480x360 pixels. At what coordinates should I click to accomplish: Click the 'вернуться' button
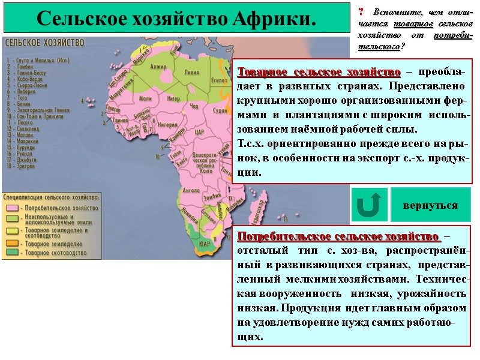[430, 205]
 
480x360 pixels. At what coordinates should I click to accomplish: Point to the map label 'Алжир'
[159, 67]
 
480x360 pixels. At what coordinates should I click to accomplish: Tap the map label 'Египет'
[219, 79]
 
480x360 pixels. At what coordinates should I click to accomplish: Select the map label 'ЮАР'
[204, 244]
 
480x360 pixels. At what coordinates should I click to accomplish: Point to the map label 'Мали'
[145, 98]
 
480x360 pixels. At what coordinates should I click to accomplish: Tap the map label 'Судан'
[220, 111]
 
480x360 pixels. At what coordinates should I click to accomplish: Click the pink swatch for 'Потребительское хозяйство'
[13, 208]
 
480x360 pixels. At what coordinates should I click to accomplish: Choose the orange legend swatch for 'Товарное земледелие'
[13, 243]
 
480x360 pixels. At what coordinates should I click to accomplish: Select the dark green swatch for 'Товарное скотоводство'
[13, 253]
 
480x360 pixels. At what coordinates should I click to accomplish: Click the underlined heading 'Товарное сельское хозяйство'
[320, 73]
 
